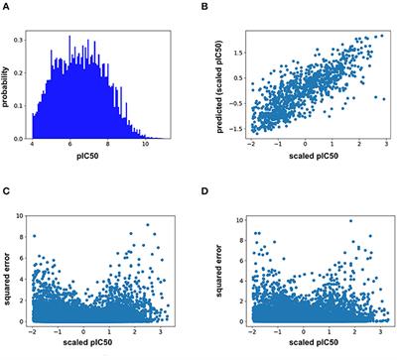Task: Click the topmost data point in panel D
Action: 349,220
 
